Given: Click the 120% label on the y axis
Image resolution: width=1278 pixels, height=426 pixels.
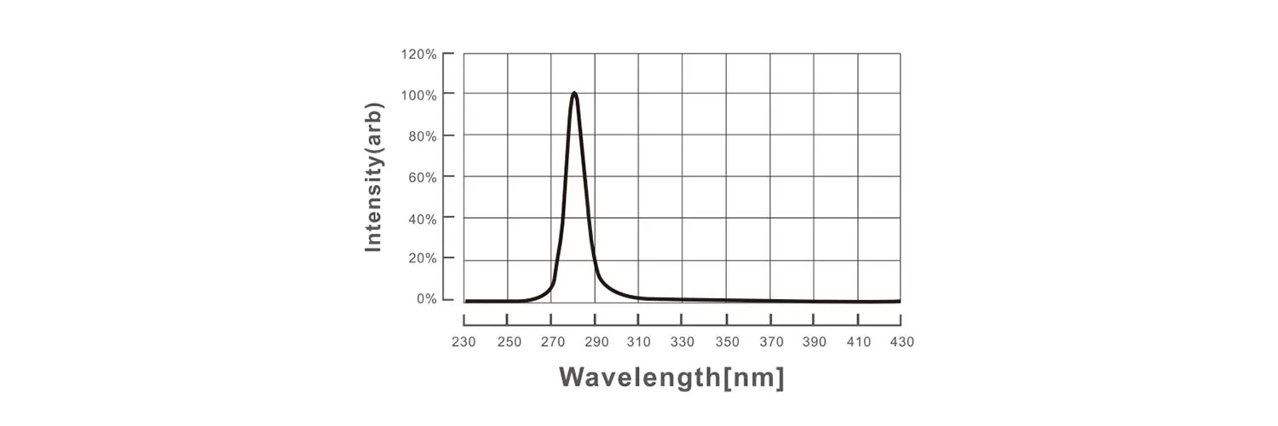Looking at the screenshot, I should tap(418, 55).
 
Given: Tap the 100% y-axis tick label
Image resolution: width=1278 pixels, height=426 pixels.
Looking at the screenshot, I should tap(418, 95).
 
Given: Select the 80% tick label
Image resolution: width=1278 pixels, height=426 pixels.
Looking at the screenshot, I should tap(421, 136).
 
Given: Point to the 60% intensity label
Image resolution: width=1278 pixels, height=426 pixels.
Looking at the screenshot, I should tap(421, 177).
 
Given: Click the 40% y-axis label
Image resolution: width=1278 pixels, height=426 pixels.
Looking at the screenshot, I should tap(421, 219).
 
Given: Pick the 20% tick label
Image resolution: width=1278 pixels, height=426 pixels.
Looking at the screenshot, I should tap(421, 259).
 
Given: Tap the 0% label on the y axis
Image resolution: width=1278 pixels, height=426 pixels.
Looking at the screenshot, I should tap(426, 299).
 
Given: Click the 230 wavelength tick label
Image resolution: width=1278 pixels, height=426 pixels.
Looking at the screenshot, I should tap(463, 343).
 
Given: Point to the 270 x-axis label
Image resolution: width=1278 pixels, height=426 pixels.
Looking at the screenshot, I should tap(551, 343).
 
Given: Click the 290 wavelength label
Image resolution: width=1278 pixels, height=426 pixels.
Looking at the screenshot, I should tap(595, 343).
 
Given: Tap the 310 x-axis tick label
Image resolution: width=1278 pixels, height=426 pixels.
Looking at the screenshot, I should tap(638, 343).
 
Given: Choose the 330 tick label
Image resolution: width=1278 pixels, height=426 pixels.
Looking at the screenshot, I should tap(682, 343).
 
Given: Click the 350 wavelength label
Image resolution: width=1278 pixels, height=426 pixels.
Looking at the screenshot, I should tap(726, 343).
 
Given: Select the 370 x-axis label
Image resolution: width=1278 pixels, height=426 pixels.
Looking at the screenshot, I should tap(770, 343).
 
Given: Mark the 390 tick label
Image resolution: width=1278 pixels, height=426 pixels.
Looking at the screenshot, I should tap(814, 343).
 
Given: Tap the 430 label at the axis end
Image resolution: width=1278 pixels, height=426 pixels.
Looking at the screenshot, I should tap(901, 343).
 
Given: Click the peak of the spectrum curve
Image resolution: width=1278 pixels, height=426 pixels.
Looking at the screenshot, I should tap(574, 93).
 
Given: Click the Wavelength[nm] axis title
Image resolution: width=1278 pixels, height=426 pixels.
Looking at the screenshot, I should tap(671, 377).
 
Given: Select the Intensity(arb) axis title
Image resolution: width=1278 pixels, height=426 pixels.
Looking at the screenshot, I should tap(373, 177).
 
